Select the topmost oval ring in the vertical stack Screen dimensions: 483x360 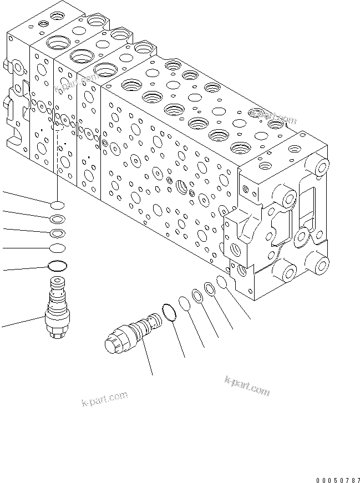pos(58,204)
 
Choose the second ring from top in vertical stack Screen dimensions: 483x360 pos(58,218)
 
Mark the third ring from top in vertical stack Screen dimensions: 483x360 pos(58,232)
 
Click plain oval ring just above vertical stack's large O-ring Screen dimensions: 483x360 pos(58,247)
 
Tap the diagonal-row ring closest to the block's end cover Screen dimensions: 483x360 pos(222,282)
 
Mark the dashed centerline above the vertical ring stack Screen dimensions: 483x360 pos(57,161)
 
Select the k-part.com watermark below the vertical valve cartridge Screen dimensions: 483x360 pos(104,398)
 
